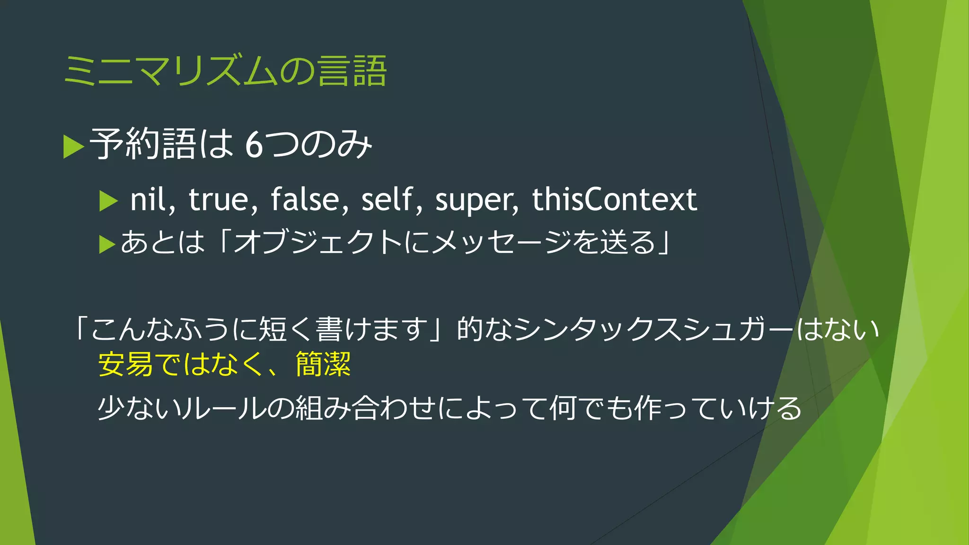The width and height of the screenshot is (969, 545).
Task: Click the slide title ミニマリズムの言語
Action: point(225,71)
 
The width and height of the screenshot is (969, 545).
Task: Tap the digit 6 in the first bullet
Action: point(254,145)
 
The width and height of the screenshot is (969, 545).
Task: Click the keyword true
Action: point(218,199)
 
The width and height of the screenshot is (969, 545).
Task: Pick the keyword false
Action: point(305,199)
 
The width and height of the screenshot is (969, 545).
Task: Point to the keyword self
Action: point(387,199)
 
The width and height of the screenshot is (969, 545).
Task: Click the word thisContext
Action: point(614,199)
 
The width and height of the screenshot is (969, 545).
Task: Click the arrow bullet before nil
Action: point(108,201)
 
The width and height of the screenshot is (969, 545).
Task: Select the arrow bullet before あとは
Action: point(107,244)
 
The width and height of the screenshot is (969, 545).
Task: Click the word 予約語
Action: point(142,144)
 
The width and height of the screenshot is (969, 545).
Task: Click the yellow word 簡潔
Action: point(323,364)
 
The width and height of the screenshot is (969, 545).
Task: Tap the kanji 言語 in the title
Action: point(352,71)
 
